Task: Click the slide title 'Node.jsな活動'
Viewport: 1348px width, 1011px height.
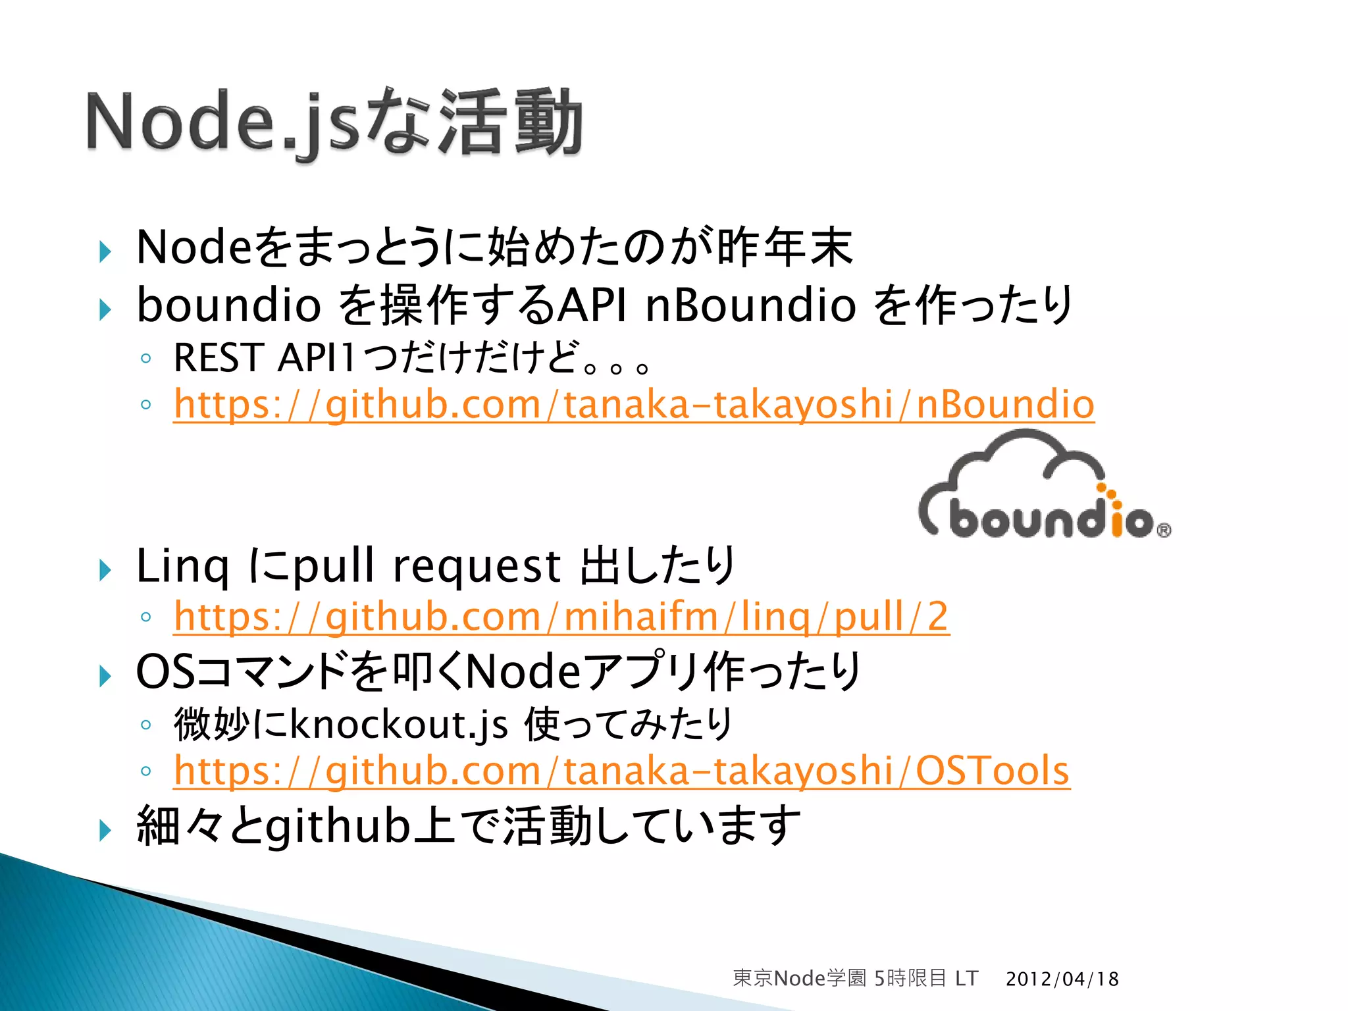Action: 334,123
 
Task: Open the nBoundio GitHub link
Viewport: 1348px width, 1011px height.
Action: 634,404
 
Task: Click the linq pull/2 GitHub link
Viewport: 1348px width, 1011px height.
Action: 561,617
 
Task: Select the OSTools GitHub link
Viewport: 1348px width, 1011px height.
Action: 621,771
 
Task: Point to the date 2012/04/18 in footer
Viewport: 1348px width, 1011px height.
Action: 1062,979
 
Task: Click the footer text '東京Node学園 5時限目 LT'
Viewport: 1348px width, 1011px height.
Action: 855,979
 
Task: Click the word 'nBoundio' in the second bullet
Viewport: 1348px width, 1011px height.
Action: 750,305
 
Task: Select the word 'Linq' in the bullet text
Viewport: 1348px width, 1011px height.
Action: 182,567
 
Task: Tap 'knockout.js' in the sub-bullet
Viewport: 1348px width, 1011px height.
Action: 399,725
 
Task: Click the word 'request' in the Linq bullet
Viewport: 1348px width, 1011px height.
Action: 477,567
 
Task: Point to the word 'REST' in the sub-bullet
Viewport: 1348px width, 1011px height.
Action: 219,359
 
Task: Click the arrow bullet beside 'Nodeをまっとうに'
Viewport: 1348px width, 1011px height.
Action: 105,251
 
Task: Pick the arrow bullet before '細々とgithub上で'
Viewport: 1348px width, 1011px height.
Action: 105,830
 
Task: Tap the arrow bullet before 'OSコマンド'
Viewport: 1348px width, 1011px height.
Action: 105,675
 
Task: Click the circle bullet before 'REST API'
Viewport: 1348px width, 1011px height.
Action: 146,359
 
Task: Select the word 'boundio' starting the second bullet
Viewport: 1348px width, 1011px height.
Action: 228,305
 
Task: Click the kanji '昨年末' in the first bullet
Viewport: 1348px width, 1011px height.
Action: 784,247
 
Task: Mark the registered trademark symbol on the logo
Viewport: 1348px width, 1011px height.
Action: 1163,530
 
